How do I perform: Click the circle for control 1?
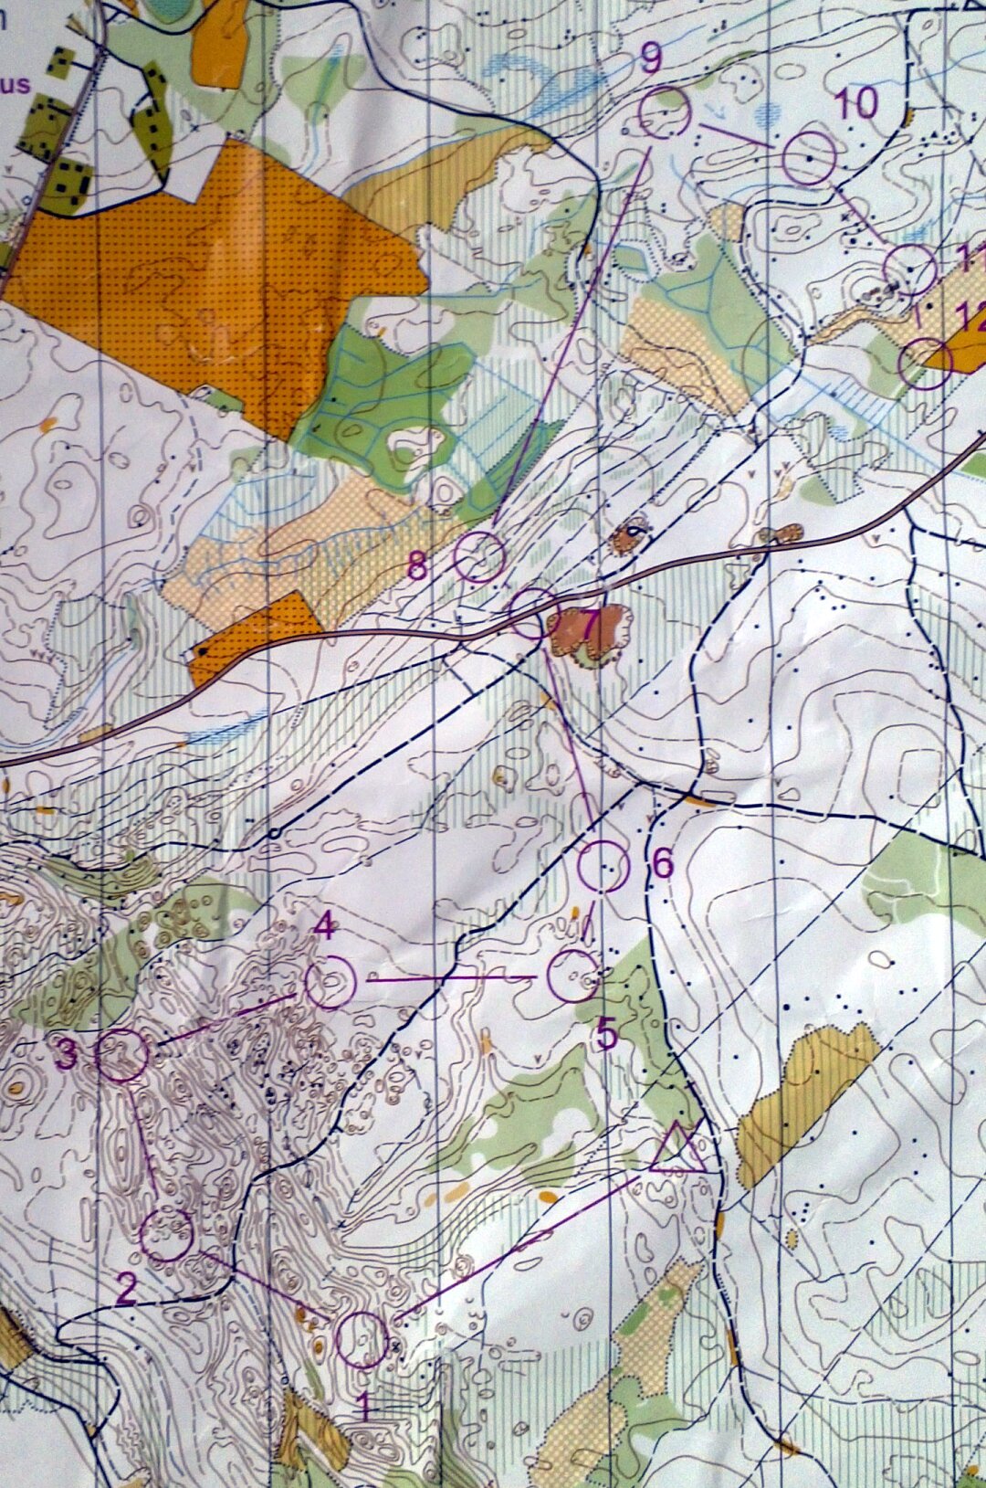[x=362, y=1340]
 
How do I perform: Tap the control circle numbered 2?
[x=167, y=1234]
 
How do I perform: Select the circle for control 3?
[x=122, y=1055]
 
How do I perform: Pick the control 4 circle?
[x=330, y=982]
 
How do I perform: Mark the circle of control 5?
[x=573, y=976]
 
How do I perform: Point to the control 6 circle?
[x=603, y=867]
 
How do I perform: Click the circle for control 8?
[x=479, y=557]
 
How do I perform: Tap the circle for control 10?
[x=810, y=158]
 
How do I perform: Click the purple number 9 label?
[x=651, y=58]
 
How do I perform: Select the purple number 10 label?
[x=856, y=103]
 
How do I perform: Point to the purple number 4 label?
[x=324, y=927]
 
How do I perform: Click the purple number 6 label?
[x=663, y=863]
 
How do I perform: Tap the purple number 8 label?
[x=417, y=567]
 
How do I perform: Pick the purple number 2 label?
[x=126, y=1289]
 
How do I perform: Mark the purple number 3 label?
[x=66, y=1056]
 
